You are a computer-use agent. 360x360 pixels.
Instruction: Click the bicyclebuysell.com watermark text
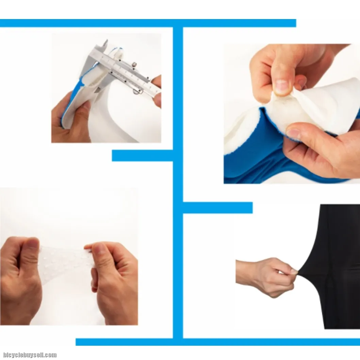[30, 355]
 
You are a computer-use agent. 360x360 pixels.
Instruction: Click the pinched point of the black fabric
[298, 273]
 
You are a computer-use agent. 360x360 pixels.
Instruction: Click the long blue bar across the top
[148, 23]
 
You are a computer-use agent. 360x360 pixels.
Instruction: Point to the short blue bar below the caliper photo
[142, 156]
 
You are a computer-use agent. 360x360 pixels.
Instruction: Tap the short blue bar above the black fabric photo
[218, 208]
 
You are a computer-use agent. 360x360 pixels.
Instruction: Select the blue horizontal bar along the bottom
[218, 342]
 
